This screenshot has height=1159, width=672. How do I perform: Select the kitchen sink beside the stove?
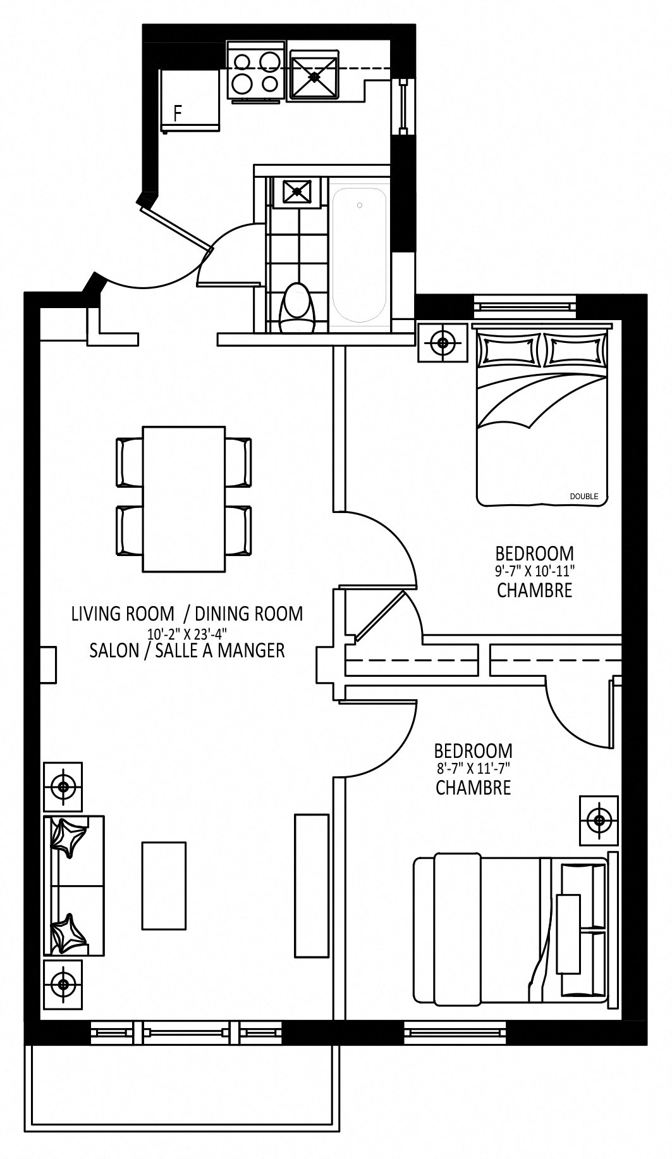pyautogui.click(x=315, y=75)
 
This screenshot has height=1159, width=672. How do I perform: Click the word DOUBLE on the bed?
pyautogui.click(x=583, y=497)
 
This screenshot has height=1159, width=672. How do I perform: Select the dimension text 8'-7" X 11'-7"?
pyautogui.click(x=472, y=769)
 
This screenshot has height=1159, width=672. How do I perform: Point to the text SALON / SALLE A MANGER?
pyautogui.click(x=187, y=650)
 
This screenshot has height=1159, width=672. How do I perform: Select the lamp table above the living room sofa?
pyautogui.click(x=63, y=787)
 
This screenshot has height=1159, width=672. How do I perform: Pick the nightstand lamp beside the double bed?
pyautogui.click(x=443, y=343)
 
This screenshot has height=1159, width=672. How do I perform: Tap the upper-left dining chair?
pyautogui.click(x=130, y=462)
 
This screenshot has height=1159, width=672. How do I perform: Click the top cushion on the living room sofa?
pyautogui.click(x=67, y=837)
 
